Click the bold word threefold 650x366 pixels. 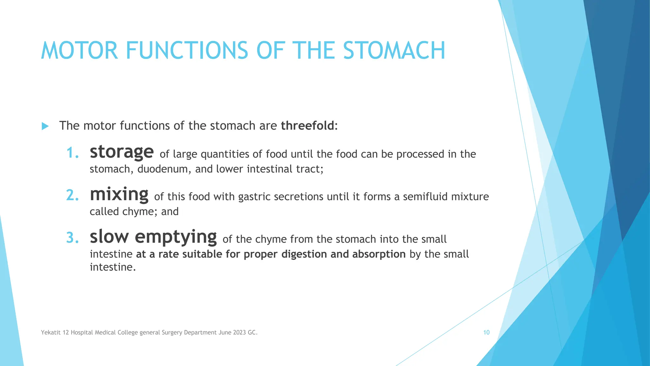[x=307, y=126]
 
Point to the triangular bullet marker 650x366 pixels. [x=45, y=126]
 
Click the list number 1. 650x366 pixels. [x=72, y=153]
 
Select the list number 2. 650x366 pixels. [x=72, y=195]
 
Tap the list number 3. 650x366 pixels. [x=72, y=238]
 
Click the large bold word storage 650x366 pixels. [x=122, y=152]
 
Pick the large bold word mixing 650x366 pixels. [x=119, y=194]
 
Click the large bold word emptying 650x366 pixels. [x=176, y=237]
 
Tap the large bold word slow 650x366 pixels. [x=109, y=237]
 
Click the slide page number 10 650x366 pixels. [x=486, y=332]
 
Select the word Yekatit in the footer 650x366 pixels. [x=50, y=333]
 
